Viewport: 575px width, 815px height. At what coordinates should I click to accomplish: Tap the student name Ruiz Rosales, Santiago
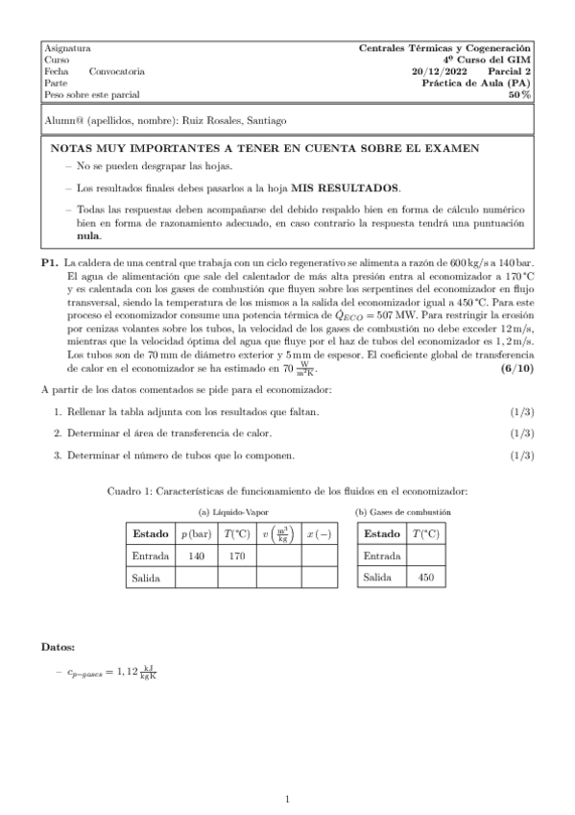pos(233,120)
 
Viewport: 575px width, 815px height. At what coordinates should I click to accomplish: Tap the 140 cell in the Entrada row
pos(198,555)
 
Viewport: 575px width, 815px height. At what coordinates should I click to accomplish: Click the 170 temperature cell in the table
pos(236,555)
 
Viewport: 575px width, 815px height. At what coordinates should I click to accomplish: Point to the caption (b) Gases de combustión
pos(403,512)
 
